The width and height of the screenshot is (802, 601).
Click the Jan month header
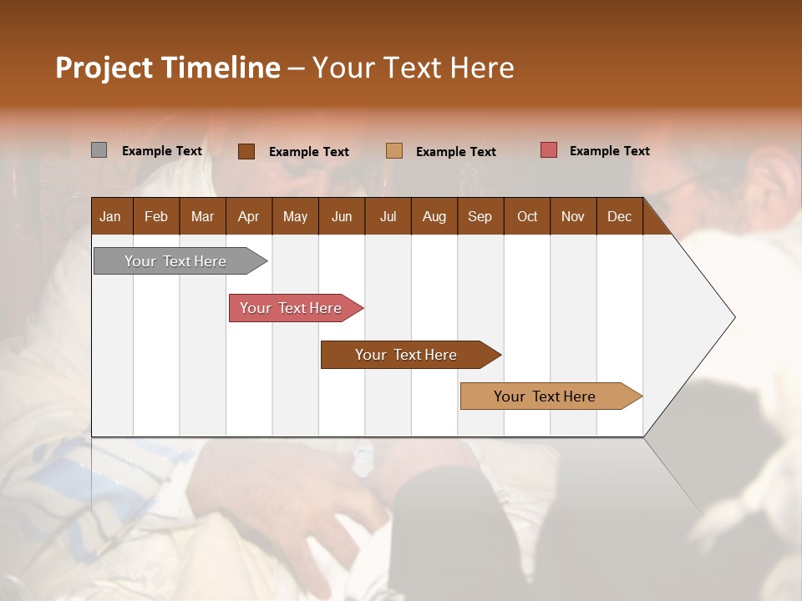tap(110, 217)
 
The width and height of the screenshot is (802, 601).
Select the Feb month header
tap(156, 217)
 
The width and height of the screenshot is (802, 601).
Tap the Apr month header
tap(248, 217)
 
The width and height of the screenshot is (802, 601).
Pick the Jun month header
tap(342, 217)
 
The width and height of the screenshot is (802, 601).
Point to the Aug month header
tap(434, 217)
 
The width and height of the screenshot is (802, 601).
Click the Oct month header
tap(527, 217)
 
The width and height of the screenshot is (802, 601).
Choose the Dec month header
tap(619, 217)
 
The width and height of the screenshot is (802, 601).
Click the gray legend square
tap(99, 150)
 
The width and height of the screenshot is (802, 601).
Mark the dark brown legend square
tap(246, 151)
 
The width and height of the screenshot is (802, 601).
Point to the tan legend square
tap(394, 151)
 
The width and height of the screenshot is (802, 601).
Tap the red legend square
tap(548, 150)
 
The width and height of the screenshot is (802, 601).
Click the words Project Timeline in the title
tap(168, 68)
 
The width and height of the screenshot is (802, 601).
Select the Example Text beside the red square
tap(609, 151)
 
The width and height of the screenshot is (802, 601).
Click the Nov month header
tap(573, 217)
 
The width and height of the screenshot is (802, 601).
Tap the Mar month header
tap(202, 217)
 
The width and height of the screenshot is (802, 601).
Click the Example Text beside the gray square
tap(162, 151)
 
